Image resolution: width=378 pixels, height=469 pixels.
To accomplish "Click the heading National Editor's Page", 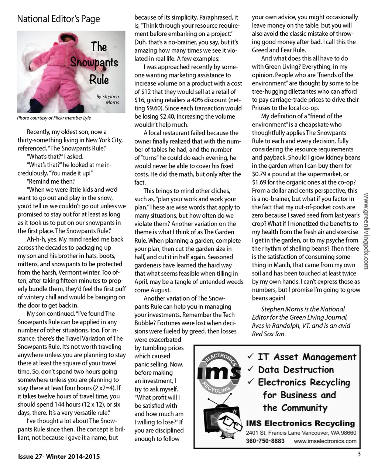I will pos(58,19).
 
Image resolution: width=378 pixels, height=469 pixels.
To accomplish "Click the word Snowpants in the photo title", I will pos(94,63).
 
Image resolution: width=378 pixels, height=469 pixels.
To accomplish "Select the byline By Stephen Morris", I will pos(108,99).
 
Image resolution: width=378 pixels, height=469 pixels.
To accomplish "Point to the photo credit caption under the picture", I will pos(54,118).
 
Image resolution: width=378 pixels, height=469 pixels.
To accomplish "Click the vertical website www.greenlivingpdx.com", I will pos(366,231).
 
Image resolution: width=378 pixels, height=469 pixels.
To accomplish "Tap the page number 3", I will pos(358,454).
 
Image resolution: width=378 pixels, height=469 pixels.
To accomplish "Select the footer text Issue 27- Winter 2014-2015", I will pos(59,456).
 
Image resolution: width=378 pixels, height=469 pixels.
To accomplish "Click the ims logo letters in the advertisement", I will pos(218,373).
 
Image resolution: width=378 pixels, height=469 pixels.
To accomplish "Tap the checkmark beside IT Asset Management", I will pos(251,356).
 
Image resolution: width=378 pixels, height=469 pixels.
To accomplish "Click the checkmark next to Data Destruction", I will pos(251,369).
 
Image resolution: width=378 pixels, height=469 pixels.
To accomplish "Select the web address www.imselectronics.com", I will pos(325,441).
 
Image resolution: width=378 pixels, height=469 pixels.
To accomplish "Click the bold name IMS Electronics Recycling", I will pos(300,424).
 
